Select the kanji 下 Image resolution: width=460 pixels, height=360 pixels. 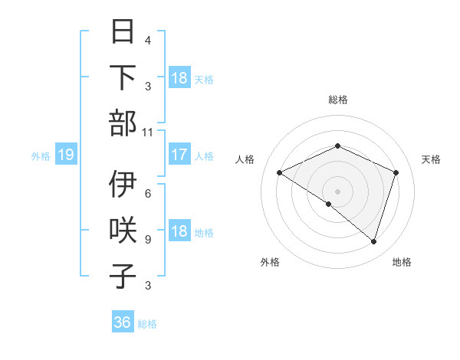[123, 78]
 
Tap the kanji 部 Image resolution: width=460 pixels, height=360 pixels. [123, 123]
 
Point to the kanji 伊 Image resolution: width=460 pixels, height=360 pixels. [123, 185]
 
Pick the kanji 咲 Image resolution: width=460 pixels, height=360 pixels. [123, 231]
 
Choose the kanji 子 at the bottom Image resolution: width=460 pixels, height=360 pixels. [123, 275]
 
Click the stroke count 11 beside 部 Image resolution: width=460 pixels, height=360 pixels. [147, 132]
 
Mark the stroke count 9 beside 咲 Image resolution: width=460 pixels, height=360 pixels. [147, 239]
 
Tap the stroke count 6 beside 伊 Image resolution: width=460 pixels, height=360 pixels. [147, 194]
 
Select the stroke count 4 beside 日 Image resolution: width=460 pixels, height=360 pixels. [147, 40]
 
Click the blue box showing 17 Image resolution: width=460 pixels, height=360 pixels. [179, 155]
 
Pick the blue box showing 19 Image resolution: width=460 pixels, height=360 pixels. [65, 155]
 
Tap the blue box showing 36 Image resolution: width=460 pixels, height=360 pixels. [123, 322]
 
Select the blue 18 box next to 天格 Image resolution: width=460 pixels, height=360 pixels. [179, 78]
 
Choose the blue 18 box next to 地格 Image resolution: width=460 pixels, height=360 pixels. [179, 232]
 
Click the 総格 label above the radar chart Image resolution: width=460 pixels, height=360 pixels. [337, 100]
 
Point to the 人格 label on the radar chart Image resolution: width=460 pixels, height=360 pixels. [245, 159]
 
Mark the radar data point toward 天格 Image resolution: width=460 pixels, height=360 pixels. [396, 173]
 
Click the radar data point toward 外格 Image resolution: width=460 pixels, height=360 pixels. [329, 205]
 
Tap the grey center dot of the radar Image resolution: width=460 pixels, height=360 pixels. [337, 191]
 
